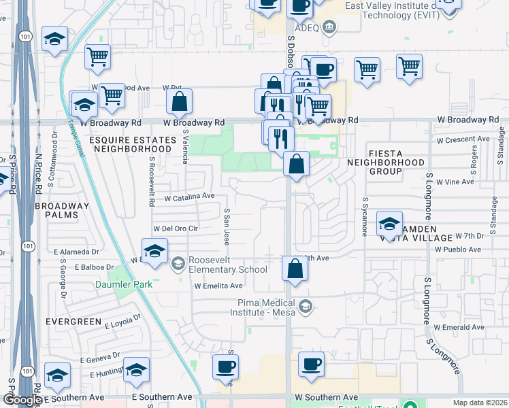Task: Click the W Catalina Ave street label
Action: click(x=190, y=196)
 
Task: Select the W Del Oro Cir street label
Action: click(x=176, y=228)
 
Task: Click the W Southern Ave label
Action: click(x=326, y=397)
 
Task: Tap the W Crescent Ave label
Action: click(x=463, y=139)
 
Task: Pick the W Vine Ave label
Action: click(x=455, y=182)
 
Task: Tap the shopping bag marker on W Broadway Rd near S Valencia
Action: click(x=179, y=103)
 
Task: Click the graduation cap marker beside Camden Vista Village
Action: click(x=389, y=224)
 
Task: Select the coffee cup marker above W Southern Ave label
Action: click(x=312, y=364)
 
